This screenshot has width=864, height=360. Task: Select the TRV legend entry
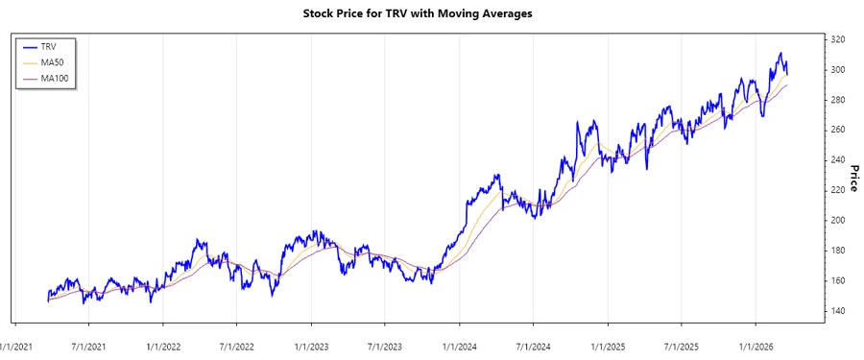49,46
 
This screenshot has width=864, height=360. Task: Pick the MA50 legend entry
52,62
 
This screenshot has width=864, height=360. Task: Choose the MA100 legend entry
54,79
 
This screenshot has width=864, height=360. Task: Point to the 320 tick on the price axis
838,39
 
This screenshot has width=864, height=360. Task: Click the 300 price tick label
838,70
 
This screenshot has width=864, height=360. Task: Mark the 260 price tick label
838,130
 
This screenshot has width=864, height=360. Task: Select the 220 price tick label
838,190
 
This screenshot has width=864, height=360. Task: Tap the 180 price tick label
838,251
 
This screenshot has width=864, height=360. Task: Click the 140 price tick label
838,311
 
